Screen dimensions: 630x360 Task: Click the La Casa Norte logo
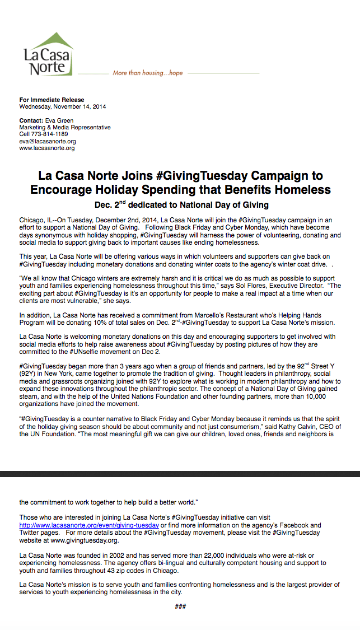48,55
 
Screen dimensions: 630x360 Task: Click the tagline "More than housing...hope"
147,73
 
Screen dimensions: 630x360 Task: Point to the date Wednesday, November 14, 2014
63,106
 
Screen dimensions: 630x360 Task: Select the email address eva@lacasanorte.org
48,142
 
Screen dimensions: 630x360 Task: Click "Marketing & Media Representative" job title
65,128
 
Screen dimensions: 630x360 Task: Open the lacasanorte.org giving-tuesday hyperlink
89,525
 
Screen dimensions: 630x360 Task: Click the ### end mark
180,606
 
